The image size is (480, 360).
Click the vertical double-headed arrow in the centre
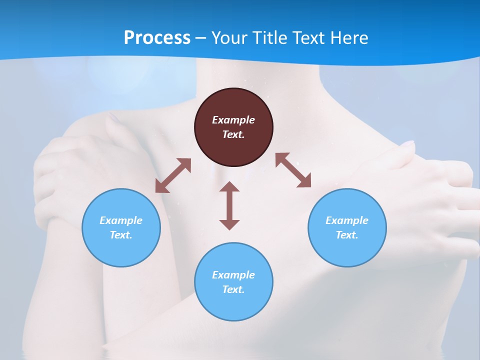229,205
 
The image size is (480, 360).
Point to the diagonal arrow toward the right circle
293,170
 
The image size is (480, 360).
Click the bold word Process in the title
157,37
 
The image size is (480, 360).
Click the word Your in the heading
230,37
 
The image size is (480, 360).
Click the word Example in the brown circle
233,120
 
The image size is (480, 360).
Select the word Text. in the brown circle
233,134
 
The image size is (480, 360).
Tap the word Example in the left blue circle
121,220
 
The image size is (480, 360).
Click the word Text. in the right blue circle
347,235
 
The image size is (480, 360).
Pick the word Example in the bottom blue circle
233,275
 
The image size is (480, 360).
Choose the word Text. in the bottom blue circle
233,289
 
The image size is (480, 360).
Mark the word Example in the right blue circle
347,220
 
